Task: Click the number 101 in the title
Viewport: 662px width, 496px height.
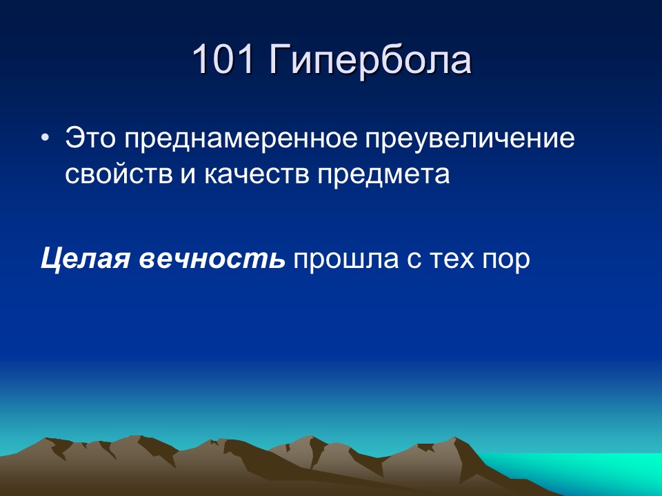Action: pos(221,60)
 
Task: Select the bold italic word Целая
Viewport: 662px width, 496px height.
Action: pos(86,259)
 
